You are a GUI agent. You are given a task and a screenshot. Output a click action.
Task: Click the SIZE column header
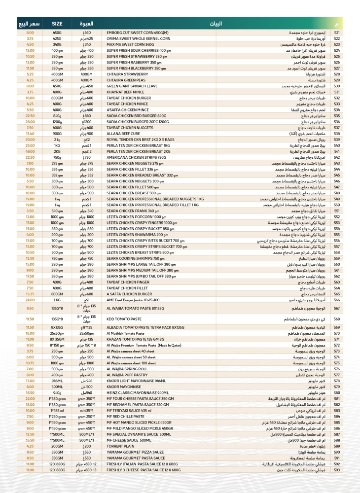click(x=57, y=24)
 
